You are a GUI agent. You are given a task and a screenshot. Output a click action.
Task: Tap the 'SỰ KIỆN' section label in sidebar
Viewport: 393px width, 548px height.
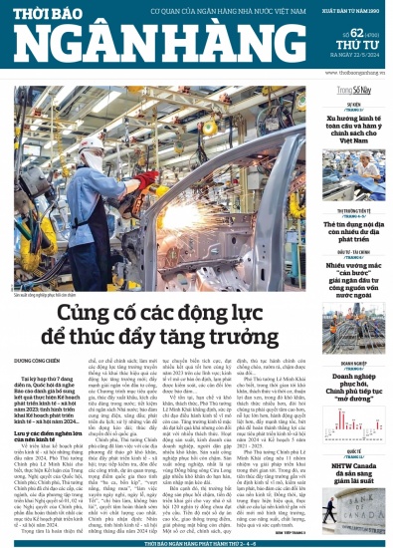pyautogui.click(x=354, y=104)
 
